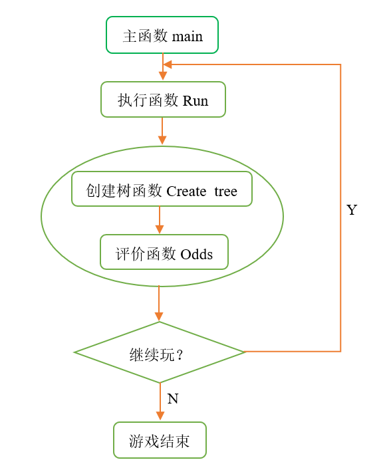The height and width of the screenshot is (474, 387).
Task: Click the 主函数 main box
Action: tap(162, 35)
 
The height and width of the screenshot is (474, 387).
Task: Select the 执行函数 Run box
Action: tap(163, 100)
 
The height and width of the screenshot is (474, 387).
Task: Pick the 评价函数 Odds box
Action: tap(164, 252)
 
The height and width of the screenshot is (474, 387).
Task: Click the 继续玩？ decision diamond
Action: tap(160, 352)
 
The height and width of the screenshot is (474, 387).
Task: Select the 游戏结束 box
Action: tap(160, 440)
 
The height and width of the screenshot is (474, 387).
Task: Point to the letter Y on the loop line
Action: tap(352, 210)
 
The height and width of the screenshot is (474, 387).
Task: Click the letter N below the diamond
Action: tap(172, 399)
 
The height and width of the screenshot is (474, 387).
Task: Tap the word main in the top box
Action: tap(188, 36)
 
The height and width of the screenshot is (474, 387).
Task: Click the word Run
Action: tap(195, 101)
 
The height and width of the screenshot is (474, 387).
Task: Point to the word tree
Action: tap(225, 191)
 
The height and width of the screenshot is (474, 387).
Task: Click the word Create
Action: tap(186, 191)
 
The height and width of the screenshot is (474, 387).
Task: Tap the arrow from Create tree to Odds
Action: tap(159, 220)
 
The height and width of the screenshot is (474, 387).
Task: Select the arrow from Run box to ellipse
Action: tap(162, 132)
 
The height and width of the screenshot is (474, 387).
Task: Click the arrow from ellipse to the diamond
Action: tap(159, 304)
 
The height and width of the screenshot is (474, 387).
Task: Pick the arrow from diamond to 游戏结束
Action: tap(160, 403)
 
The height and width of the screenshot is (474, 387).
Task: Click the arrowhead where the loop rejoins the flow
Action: tap(168, 64)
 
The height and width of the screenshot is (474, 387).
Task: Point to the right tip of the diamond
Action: tap(244, 352)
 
